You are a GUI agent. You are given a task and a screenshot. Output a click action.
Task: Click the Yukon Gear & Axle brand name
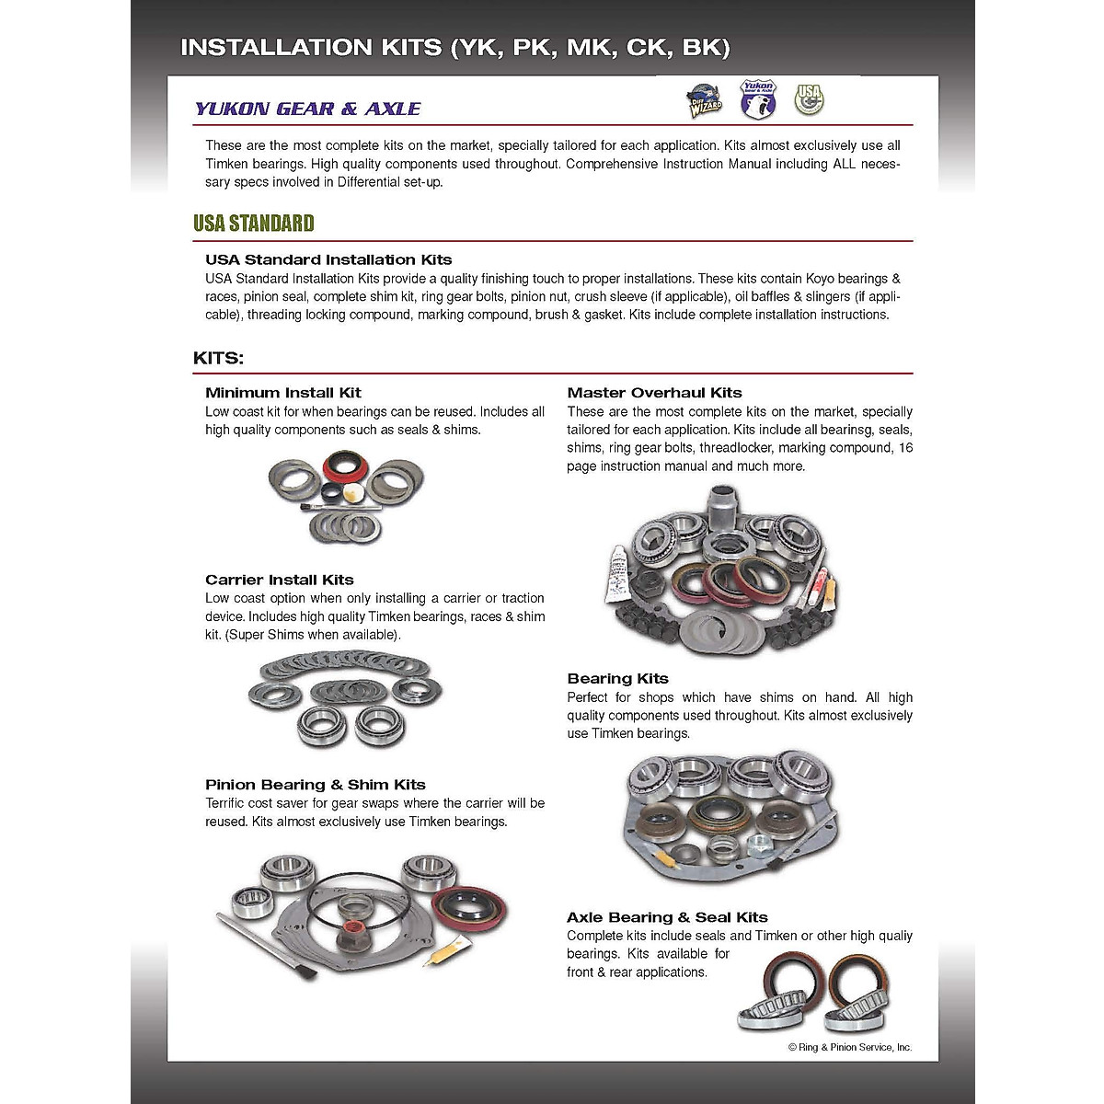point(307,109)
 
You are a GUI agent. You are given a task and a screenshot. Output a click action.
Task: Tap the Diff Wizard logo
point(705,101)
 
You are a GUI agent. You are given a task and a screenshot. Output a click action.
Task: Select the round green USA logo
point(809,98)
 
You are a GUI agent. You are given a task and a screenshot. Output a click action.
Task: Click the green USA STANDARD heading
point(254,224)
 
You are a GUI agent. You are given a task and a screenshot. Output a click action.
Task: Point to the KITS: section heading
point(218,358)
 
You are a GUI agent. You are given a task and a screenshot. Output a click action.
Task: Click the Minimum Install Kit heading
point(283,393)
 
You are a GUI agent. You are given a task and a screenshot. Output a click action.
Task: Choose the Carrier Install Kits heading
point(280,580)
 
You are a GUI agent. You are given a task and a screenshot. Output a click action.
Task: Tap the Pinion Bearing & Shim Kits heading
point(316,785)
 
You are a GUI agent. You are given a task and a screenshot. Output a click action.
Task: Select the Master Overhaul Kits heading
point(654,393)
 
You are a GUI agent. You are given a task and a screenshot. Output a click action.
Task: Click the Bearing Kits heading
point(617,679)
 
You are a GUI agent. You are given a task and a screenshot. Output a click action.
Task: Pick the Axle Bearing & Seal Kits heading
point(667,917)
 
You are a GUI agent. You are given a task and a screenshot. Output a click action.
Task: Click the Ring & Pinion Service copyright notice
point(849,1047)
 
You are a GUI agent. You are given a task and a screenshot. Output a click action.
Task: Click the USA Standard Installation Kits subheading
point(328,259)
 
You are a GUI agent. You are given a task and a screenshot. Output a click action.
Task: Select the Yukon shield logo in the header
point(758,98)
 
